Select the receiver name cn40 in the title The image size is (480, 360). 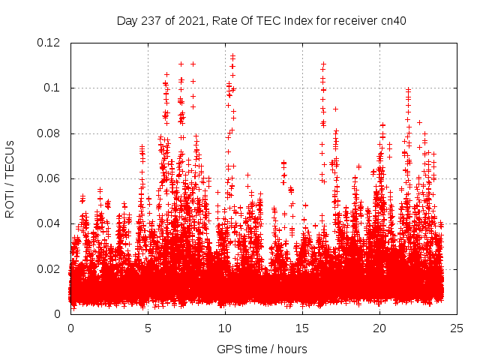392,21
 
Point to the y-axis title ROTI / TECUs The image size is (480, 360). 10,178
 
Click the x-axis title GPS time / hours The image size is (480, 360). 261,349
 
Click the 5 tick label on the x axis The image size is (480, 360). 148,328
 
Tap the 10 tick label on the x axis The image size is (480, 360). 225,328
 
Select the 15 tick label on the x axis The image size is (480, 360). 302,328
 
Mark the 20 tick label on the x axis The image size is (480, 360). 379,328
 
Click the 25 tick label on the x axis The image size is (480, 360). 457,328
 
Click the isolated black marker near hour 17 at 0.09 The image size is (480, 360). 335,109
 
